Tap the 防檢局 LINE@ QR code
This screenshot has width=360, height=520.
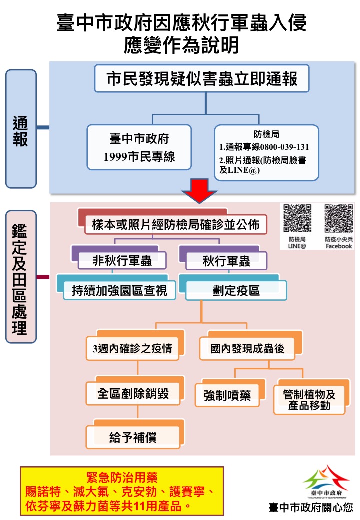point(297,218)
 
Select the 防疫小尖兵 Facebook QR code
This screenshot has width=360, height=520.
point(339,218)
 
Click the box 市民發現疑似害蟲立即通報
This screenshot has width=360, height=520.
point(202,79)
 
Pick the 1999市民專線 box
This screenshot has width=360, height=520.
point(139,147)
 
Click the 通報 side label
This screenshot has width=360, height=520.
point(21,128)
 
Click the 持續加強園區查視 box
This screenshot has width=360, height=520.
point(119,290)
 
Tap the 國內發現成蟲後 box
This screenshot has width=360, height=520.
point(247,348)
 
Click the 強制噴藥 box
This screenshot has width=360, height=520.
point(227,396)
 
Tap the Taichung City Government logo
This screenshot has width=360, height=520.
point(326,481)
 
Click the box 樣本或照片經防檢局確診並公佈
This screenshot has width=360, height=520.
point(175,225)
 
